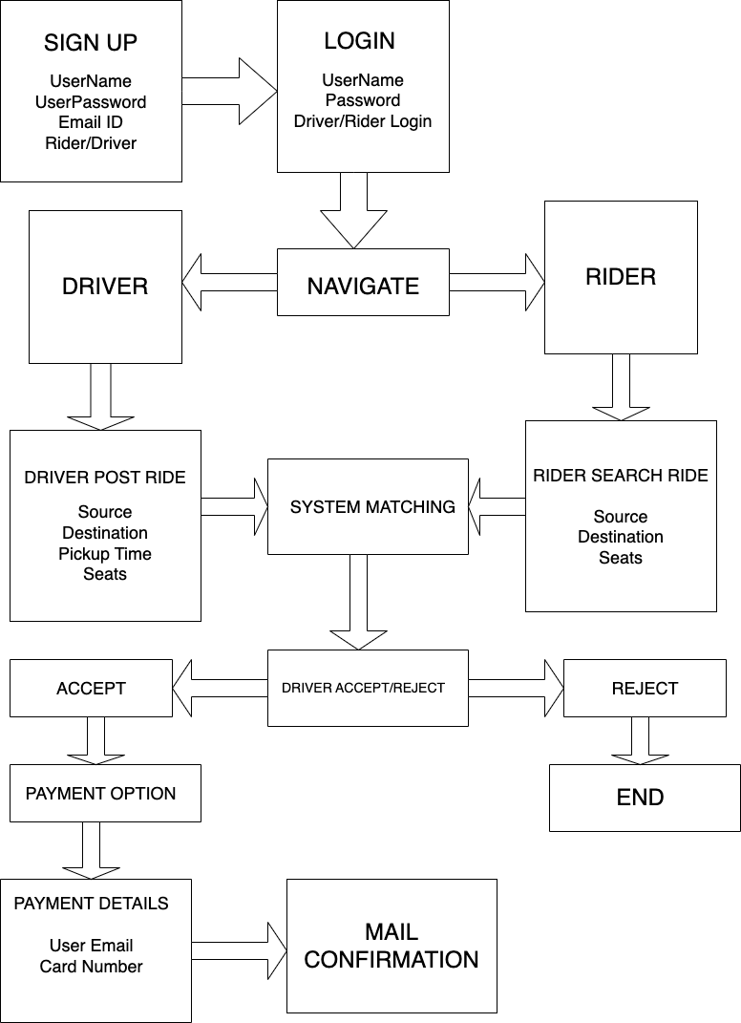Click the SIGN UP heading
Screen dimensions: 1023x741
[91, 43]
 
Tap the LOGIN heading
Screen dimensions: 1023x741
[359, 41]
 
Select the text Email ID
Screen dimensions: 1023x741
[91, 122]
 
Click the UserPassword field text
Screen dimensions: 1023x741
[91, 101]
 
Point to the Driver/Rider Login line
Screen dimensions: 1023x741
[363, 121]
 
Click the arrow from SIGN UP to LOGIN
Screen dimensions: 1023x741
[228, 92]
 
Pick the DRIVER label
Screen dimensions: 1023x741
[105, 287]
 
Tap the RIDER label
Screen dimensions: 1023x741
[621, 277]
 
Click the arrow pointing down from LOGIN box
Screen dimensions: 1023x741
[354, 210]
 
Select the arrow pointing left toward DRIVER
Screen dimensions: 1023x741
[229, 283]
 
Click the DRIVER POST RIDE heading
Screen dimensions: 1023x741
[105, 478]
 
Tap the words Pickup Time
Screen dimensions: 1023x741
[105, 554]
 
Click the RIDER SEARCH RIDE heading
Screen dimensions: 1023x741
[621, 476]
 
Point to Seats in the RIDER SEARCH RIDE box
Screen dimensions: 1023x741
[621, 558]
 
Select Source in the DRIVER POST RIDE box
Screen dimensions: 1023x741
[105, 512]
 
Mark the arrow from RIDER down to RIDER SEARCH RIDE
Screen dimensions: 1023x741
[622, 387]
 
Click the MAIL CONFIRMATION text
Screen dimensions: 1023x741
[392, 946]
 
